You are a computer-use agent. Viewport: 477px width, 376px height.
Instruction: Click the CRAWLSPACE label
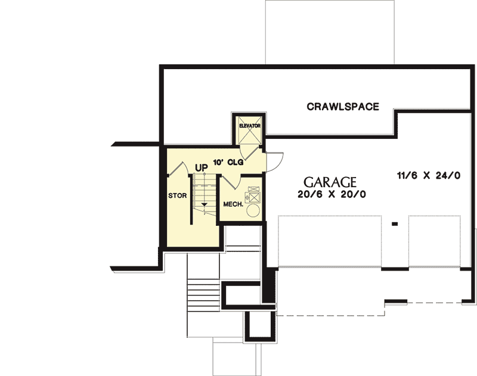pyautogui.click(x=343, y=107)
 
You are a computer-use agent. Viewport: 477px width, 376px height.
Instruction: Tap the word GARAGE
pyautogui.click(x=330, y=182)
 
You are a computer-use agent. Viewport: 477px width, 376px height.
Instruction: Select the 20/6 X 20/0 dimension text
pyautogui.click(x=332, y=194)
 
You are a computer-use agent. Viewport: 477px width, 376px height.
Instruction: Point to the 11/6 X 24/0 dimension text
pyautogui.click(x=429, y=175)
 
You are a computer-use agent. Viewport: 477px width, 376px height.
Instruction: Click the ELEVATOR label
pyautogui.click(x=250, y=126)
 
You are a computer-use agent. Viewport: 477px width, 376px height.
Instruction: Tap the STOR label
pyautogui.click(x=177, y=195)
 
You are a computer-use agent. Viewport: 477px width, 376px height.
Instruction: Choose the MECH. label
pyautogui.click(x=233, y=204)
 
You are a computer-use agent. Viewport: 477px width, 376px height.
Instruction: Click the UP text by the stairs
pyautogui.click(x=202, y=168)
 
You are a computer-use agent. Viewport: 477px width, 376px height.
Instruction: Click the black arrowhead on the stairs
pyautogui.click(x=204, y=204)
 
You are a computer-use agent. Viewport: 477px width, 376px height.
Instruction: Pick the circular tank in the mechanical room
pyautogui.click(x=253, y=210)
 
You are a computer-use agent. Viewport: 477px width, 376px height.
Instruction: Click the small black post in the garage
pyautogui.click(x=395, y=224)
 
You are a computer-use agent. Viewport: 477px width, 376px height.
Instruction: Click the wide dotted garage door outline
pyautogui.click(x=330, y=242)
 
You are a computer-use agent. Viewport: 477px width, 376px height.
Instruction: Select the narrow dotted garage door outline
pyautogui.click(x=435, y=242)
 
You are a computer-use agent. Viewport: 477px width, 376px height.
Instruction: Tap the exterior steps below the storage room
pyautogui.click(x=203, y=295)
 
